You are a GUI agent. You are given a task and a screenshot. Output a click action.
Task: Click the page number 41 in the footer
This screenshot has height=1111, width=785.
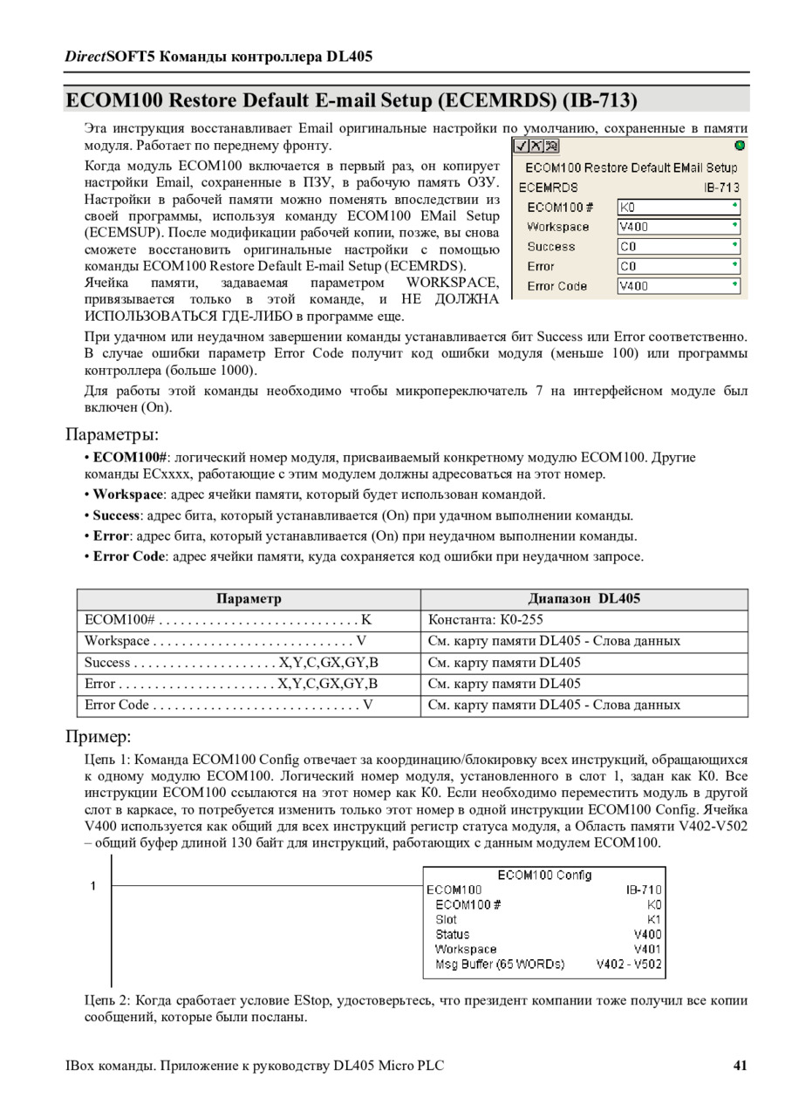[x=741, y=1065]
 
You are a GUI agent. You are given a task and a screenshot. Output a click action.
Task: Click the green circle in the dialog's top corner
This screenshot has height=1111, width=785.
[x=740, y=146]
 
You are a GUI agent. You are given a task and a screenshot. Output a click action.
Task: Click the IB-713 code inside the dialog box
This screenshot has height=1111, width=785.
[x=721, y=187]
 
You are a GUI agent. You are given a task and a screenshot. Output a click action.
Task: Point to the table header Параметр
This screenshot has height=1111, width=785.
[x=249, y=599]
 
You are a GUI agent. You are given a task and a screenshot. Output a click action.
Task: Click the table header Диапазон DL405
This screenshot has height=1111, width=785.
[x=584, y=599]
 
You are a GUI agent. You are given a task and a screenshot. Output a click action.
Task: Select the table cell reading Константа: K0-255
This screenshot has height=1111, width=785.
[x=479, y=620]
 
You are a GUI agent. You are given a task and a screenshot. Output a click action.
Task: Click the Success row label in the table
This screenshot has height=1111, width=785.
[x=107, y=663]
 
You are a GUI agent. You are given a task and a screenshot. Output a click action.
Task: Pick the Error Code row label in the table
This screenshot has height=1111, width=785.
[x=117, y=705]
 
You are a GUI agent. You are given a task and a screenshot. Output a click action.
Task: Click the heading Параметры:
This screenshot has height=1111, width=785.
[x=113, y=434]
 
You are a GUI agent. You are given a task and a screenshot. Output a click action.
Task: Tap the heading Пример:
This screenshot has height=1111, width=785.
[x=99, y=736]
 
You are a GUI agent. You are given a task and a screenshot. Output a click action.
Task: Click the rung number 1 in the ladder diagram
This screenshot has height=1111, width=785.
[x=93, y=887]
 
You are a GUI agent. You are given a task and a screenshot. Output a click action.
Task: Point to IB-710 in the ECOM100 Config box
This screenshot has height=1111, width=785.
[x=644, y=889]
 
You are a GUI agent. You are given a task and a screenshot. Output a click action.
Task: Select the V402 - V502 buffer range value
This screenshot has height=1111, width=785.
[x=629, y=964]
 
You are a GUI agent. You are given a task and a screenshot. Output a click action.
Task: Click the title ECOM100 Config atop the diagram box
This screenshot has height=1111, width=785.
[x=544, y=875]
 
